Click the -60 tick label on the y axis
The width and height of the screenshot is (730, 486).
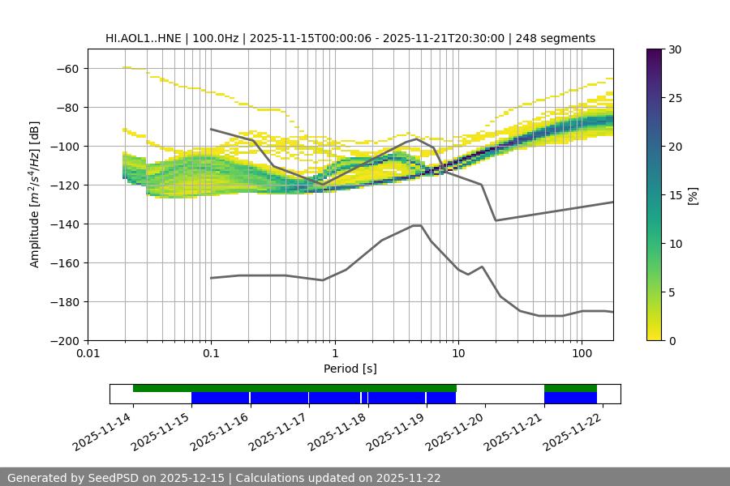tap(67, 68)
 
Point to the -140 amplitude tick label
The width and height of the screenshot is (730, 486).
tap(63, 224)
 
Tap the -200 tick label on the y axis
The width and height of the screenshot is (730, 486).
tap(63, 340)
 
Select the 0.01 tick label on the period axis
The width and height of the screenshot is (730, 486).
tap(88, 353)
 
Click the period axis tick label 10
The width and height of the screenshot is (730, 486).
tap(458, 353)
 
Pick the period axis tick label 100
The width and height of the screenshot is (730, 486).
tap(582, 353)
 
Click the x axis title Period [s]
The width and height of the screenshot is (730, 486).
tap(350, 369)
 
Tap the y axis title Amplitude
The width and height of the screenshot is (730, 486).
tap(35, 194)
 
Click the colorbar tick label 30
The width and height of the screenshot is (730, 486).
tap(675, 49)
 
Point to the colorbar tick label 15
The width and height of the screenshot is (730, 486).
tap(675, 195)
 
